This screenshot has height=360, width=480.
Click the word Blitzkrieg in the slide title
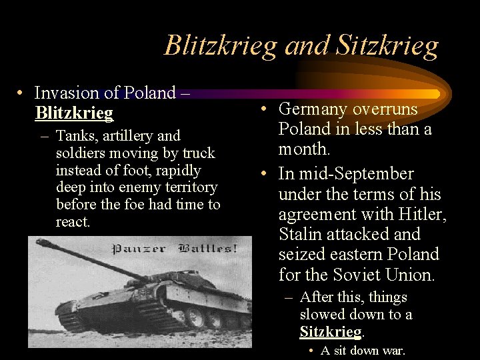pos(220,46)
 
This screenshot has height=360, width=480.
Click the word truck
pos(199,153)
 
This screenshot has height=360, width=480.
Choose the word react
pos(73,222)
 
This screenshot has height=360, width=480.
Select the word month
pos(303,149)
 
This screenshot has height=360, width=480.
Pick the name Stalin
pos(303,234)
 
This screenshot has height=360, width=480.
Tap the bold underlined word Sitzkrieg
pos(330,331)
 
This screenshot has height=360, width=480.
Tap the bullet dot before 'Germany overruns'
pos(265,109)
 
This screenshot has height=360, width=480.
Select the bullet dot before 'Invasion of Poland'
pos(21,93)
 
